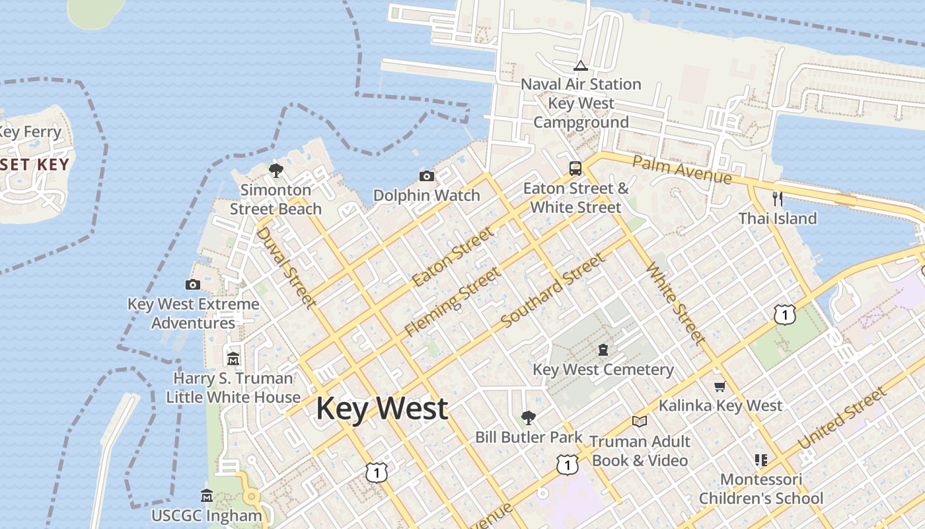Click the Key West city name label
(x=382, y=409)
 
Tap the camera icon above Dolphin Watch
(x=427, y=176)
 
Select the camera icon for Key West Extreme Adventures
(x=193, y=284)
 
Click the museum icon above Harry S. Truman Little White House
(x=233, y=359)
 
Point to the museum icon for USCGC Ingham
(x=207, y=495)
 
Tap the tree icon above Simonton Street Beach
(x=276, y=171)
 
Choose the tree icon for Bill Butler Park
(x=528, y=417)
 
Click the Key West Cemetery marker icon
(x=603, y=349)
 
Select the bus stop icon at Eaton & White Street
(x=575, y=169)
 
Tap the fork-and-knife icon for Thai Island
(x=778, y=198)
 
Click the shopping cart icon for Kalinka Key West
(x=720, y=386)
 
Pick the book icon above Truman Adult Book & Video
(x=639, y=421)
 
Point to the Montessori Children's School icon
(x=760, y=460)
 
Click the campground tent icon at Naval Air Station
(x=581, y=65)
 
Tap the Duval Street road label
(x=285, y=267)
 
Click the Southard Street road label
(x=553, y=290)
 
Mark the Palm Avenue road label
(x=682, y=170)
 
